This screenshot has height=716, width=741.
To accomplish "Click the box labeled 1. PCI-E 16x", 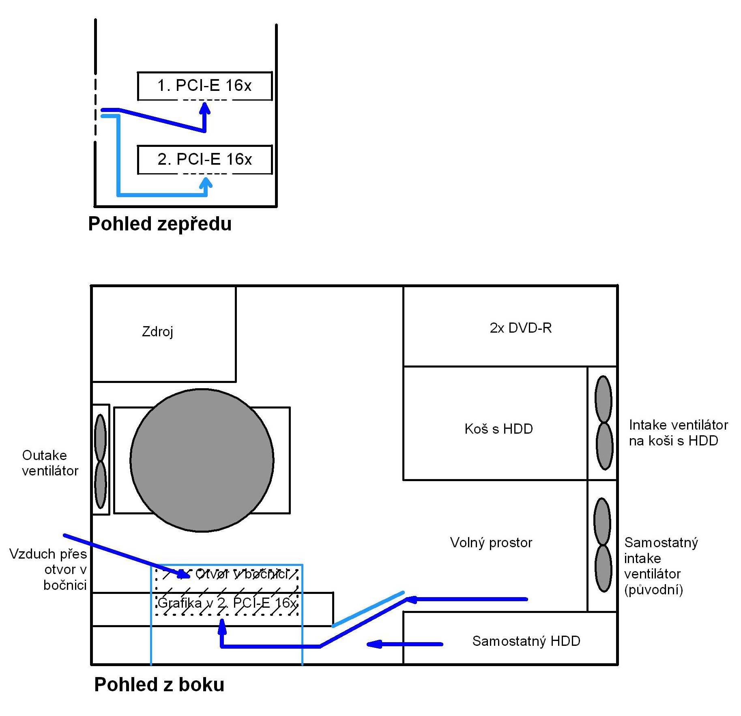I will click(x=204, y=86).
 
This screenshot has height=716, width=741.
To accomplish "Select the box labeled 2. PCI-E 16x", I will click(x=204, y=159).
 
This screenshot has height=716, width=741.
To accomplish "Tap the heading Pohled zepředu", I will click(x=160, y=224).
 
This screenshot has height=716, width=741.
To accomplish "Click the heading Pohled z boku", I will click(x=159, y=684).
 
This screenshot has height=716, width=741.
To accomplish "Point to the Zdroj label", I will click(x=157, y=331).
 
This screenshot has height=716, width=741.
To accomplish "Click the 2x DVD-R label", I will click(x=520, y=328).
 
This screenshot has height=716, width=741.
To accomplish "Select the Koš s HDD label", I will click(x=498, y=428).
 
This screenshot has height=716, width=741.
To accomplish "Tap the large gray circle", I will click(x=202, y=460).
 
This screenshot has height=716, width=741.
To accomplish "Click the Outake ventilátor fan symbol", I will click(x=100, y=461).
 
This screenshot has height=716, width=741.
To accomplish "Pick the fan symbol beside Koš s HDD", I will click(x=604, y=423).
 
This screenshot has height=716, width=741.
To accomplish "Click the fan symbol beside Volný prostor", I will click(x=603, y=545).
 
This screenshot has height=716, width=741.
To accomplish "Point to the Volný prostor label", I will click(x=491, y=542).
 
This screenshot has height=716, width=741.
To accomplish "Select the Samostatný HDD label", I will click(x=526, y=641).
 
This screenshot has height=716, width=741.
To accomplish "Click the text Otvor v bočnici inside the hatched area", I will click(x=242, y=574).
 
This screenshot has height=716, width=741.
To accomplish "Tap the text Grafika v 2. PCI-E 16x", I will click(x=227, y=603).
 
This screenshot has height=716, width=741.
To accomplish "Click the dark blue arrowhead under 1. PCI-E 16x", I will click(x=205, y=108).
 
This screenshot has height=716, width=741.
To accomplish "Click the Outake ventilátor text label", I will click(x=50, y=463).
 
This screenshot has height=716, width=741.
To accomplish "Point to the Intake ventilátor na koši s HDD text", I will click(x=678, y=432).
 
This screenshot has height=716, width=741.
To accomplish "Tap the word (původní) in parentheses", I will click(x=653, y=589).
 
